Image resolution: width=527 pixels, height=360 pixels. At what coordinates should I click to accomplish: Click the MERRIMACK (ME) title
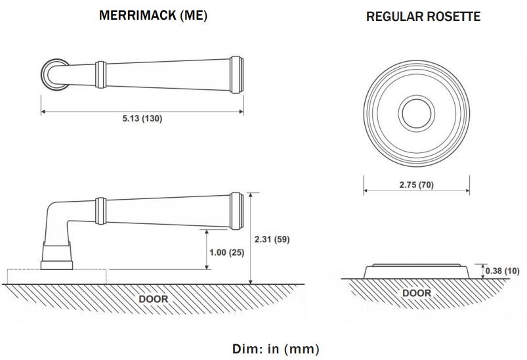(x=154, y=16)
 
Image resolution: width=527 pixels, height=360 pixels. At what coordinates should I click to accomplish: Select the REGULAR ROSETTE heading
(x=423, y=16)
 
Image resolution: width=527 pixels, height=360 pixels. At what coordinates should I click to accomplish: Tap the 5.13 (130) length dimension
(x=142, y=118)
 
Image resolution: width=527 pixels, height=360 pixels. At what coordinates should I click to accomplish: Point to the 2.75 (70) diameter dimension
(x=417, y=185)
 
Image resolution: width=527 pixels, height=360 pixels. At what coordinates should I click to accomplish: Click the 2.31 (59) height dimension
(x=272, y=239)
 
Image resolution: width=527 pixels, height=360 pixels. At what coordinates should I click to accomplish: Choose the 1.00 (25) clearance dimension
(x=227, y=252)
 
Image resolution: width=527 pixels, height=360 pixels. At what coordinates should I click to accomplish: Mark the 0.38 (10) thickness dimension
(x=503, y=271)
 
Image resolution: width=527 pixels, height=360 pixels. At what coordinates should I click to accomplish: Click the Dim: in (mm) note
(x=276, y=349)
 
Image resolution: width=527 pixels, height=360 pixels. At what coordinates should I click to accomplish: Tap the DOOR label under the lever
(x=154, y=299)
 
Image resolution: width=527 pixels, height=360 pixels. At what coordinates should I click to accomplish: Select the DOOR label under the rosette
(x=417, y=293)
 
